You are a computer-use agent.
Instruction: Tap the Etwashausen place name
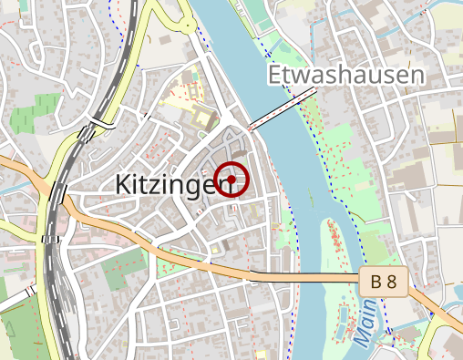pyautogui.click(x=347, y=75)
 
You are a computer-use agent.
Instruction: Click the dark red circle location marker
pyautogui.click(x=232, y=180)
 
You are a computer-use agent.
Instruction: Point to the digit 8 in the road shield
pyautogui.click(x=391, y=283)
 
